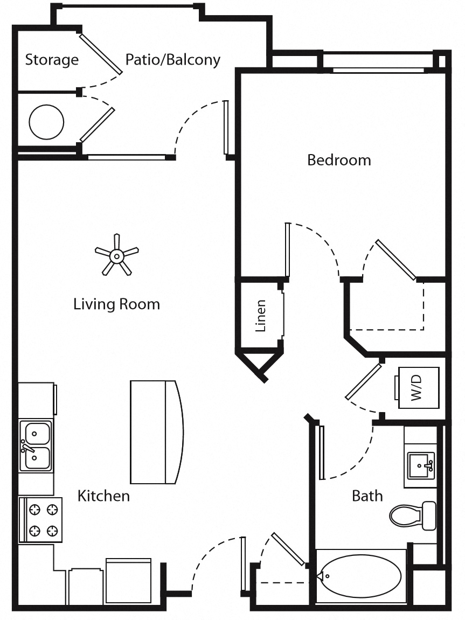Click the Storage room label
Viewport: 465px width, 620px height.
(x=52, y=59)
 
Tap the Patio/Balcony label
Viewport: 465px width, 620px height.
(x=172, y=59)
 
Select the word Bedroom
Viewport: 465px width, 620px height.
(x=339, y=160)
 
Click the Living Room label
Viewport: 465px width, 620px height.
(x=116, y=304)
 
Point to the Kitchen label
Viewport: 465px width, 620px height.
(x=103, y=496)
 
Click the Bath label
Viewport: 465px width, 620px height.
(x=367, y=496)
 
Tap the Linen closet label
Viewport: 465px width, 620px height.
(x=261, y=315)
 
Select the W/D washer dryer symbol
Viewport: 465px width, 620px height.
(x=418, y=387)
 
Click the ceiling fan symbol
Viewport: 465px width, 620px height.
(x=116, y=255)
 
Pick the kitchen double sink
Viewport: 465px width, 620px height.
(x=36, y=445)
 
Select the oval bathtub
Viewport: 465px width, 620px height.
(x=361, y=576)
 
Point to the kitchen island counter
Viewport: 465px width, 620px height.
(x=156, y=432)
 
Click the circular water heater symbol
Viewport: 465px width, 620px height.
(x=46, y=122)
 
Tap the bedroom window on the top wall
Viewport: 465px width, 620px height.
(x=378, y=70)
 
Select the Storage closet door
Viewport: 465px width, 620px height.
(x=101, y=54)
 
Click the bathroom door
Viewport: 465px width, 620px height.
(x=322, y=452)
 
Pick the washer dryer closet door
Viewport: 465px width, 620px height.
(x=363, y=381)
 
